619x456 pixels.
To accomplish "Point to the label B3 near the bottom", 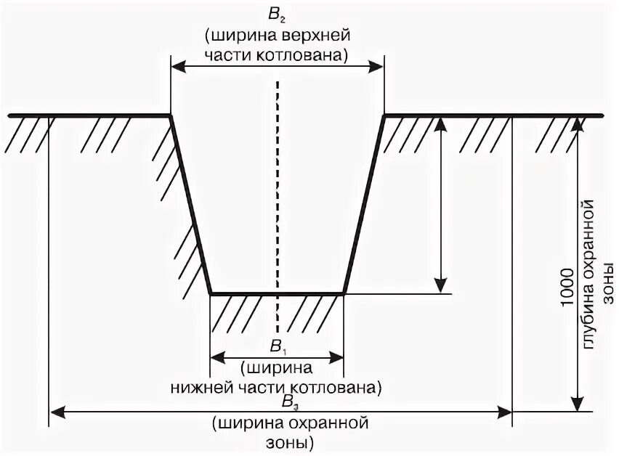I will [x=288, y=402].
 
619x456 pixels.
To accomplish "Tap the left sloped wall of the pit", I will [x=190, y=203].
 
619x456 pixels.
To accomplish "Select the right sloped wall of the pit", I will [x=363, y=203].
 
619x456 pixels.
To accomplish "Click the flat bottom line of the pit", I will [x=277, y=293].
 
